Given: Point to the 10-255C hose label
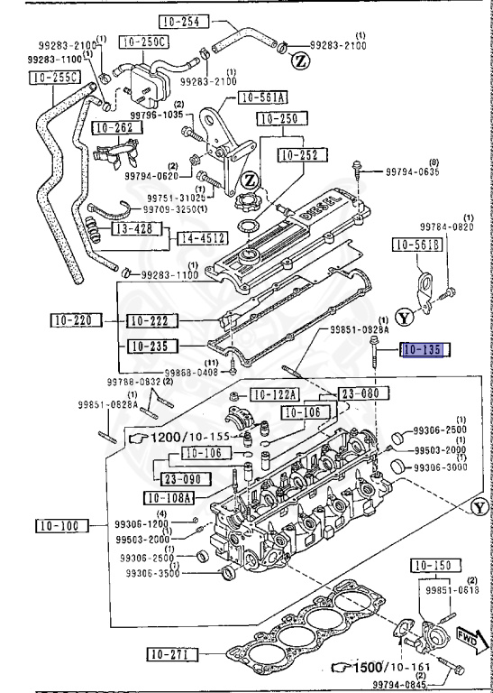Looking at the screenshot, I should pyautogui.click(x=51, y=79).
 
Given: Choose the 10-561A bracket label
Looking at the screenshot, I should pyautogui.click(x=262, y=98).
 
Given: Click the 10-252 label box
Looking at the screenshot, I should pyautogui.click(x=297, y=155).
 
